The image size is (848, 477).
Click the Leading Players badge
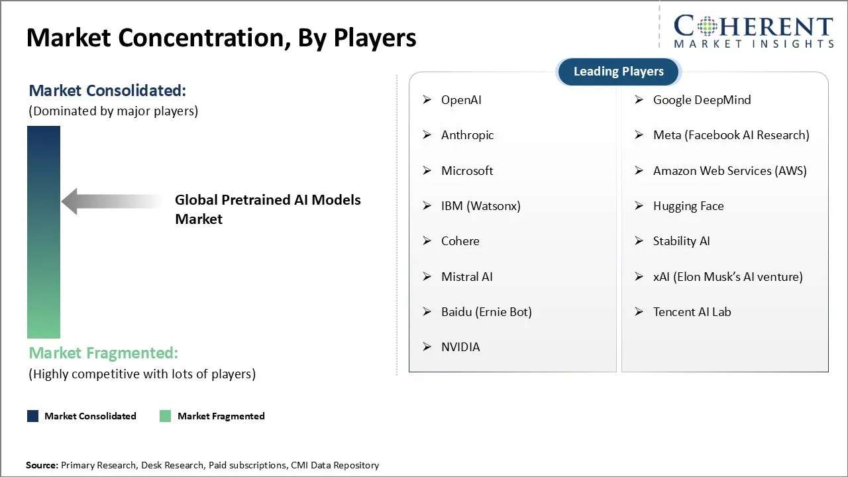pyautogui.click(x=619, y=72)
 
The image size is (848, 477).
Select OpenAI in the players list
pyautogui.click(x=461, y=100)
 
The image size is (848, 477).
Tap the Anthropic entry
pyautogui.click(x=467, y=135)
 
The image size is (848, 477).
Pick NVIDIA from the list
pyautogui.click(x=460, y=346)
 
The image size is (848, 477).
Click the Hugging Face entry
pyautogui.click(x=688, y=206)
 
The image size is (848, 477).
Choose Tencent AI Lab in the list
pyautogui.click(x=692, y=312)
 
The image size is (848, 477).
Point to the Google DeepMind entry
pyautogui.click(x=702, y=100)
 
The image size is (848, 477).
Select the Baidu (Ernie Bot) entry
pyautogui.click(x=486, y=312)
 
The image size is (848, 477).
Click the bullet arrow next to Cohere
pyautogui.click(x=427, y=240)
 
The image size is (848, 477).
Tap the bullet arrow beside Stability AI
pyautogui.click(x=639, y=240)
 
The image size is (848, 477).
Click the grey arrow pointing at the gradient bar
pyautogui.click(x=112, y=201)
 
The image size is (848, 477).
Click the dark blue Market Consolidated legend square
pyautogui.click(x=33, y=416)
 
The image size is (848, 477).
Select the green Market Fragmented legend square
pyautogui.click(x=166, y=416)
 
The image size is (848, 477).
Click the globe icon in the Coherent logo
pyautogui.click(x=707, y=26)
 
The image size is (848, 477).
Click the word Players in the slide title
pyautogui.click(x=374, y=38)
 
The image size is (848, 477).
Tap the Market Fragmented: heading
pyautogui.click(x=103, y=353)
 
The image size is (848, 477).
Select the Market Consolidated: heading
pyautogui.click(x=107, y=91)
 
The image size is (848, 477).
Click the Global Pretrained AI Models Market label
pyautogui.click(x=268, y=209)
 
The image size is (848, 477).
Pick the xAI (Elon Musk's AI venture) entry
pyautogui.click(x=727, y=277)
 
